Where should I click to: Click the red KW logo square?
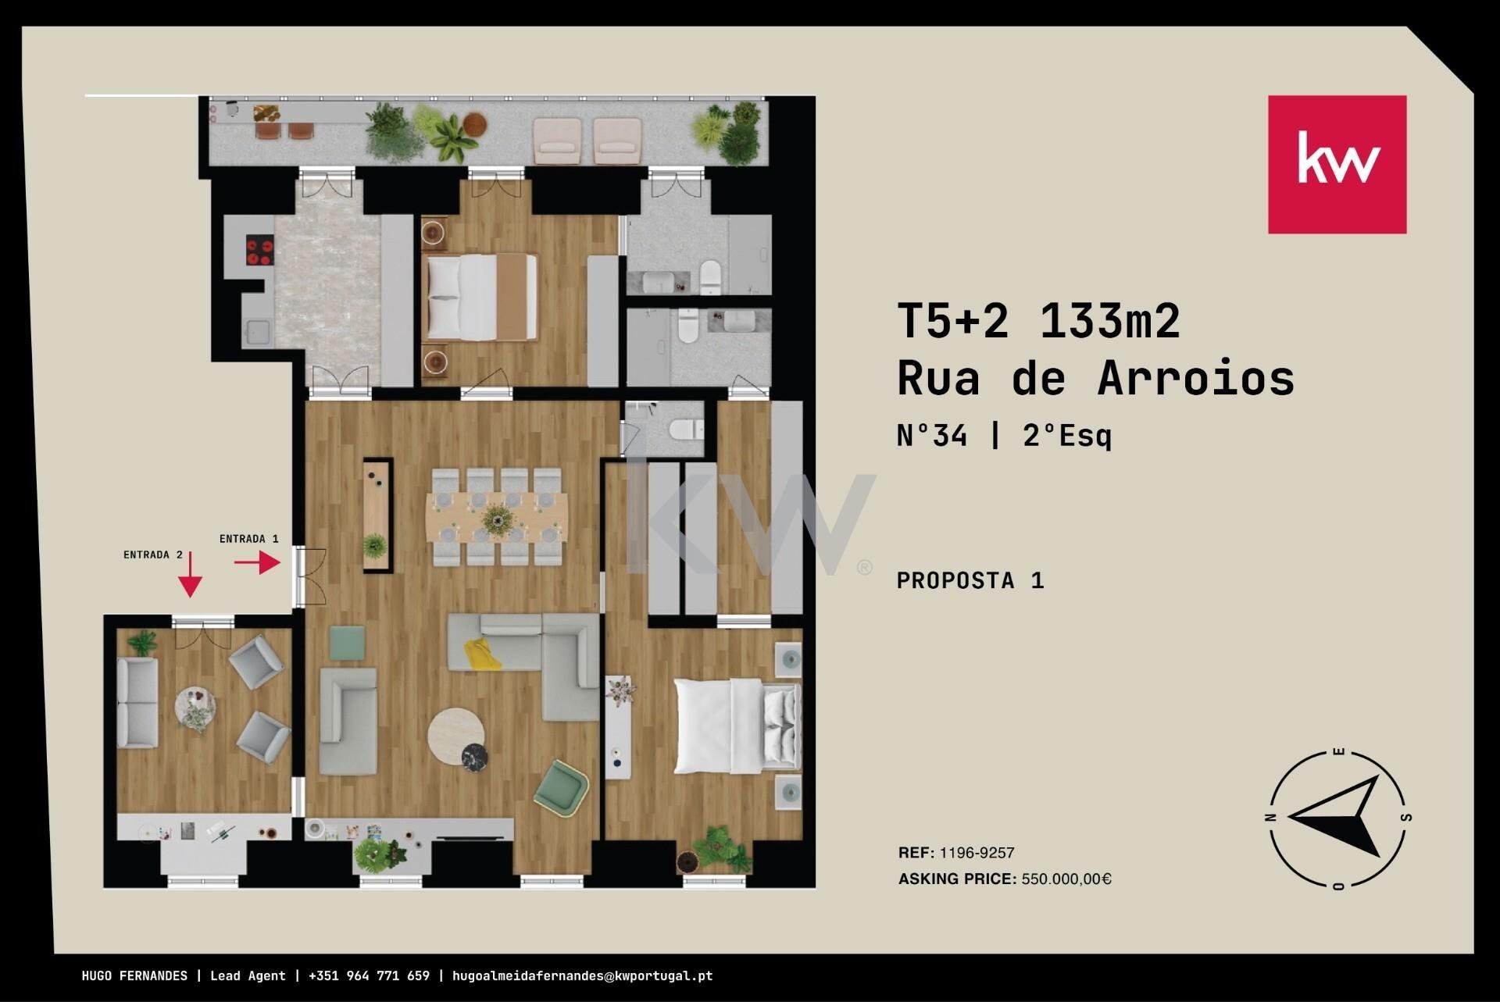click(1337, 164)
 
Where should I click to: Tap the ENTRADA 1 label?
click(248, 539)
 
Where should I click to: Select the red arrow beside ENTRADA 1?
click(257, 562)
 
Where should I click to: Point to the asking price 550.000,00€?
click(1066, 879)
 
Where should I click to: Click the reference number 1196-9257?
click(977, 853)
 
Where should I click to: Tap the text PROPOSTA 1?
click(970, 580)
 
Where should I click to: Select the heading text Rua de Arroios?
click(1095, 378)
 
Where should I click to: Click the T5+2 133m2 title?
click(1038, 321)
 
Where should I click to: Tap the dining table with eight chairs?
click(497, 516)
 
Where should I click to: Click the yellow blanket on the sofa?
click(483, 654)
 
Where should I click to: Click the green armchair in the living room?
click(561, 787)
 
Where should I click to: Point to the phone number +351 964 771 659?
click(369, 975)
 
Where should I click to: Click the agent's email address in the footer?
click(582, 975)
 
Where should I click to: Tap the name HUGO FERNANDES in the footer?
click(134, 975)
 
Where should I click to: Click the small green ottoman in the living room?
click(347, 643)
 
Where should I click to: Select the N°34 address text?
click(932, 434)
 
